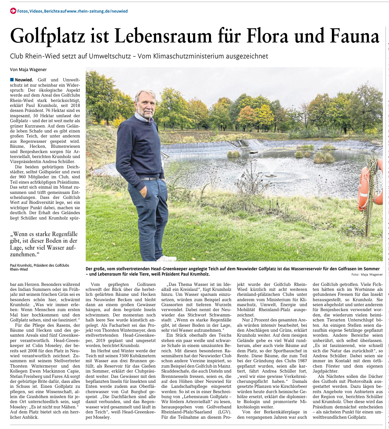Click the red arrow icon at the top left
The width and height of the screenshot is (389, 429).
point(13,11)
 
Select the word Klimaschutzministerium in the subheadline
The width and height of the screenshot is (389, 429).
point(189,56)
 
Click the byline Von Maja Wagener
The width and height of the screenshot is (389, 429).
point(28,69)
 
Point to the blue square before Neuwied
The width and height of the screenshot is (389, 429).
point(12,80)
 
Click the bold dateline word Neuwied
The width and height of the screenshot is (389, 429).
point(24,80)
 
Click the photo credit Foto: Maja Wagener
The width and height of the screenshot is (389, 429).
point(367,275)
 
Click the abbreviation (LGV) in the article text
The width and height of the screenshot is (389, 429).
point(225,412)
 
